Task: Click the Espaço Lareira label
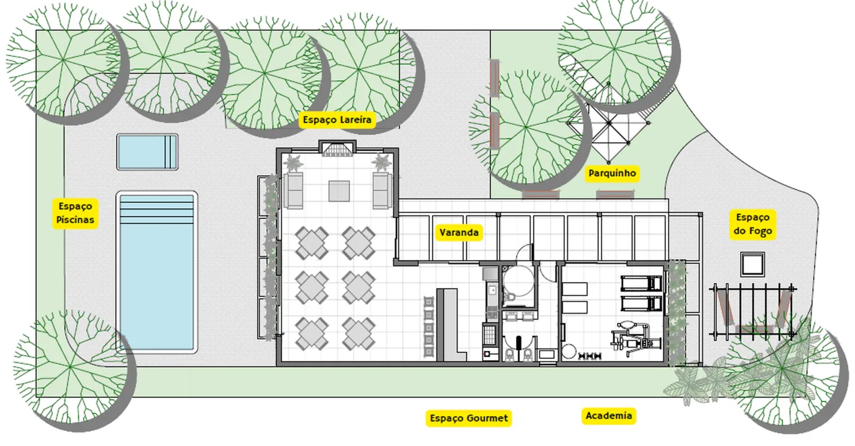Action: click(337, 120)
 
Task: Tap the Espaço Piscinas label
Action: click(75, 213)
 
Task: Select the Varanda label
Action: click(459, 232)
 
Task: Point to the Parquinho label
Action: click(612, 173)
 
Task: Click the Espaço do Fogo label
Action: click(752, 224)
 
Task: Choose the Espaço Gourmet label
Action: click(469, 418)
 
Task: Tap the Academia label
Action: click(609, 415)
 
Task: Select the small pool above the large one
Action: click(147, 152)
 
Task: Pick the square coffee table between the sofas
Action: click(339, 191)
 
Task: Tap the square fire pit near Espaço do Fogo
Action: click(752, 264)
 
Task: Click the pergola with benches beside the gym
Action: click(752, 311)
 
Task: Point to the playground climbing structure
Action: click(609, 123)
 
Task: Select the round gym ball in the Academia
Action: click(569, 351)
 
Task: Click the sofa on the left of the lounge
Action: click(293, 190)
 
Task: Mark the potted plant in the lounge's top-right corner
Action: click(382, 162)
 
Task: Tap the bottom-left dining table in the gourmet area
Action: click(312, 334)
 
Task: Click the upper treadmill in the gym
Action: click(641, 284)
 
